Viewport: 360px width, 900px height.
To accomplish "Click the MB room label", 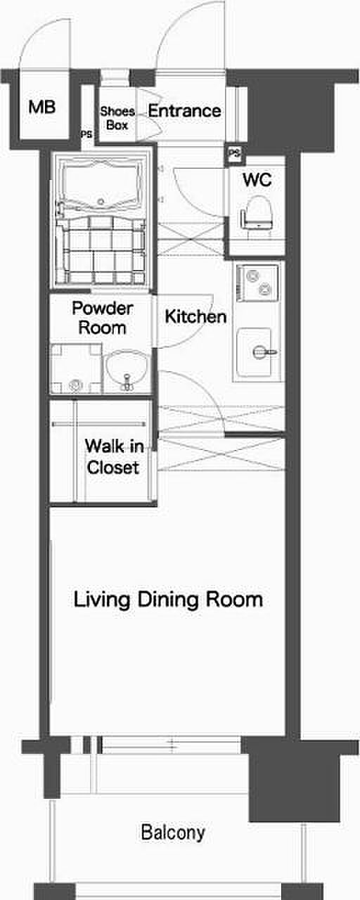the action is [x=41, y=108].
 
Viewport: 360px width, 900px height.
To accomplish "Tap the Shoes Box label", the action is [x=117, y=118].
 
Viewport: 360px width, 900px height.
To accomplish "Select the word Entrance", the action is [x=184, y=111].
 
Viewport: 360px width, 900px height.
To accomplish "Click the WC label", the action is [x=257, y=180].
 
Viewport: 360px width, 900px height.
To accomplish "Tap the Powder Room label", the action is [x=103, y=318].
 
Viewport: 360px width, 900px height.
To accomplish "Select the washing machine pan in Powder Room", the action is [x=76, y=368].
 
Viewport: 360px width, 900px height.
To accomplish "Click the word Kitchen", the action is [x=195, y=317].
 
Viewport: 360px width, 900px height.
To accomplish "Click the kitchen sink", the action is [x=256, y=353].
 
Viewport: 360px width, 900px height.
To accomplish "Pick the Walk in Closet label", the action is [x=114, y=457].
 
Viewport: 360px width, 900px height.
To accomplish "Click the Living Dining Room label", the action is [x=168, y=600].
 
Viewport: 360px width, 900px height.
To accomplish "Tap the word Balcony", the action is [x=173, y=833].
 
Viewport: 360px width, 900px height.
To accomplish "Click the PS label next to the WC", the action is [x=235, y=153].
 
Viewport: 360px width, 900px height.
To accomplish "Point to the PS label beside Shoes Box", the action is [x=86, y=135].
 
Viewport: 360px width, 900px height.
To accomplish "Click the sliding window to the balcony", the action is [x=171, y=745].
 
